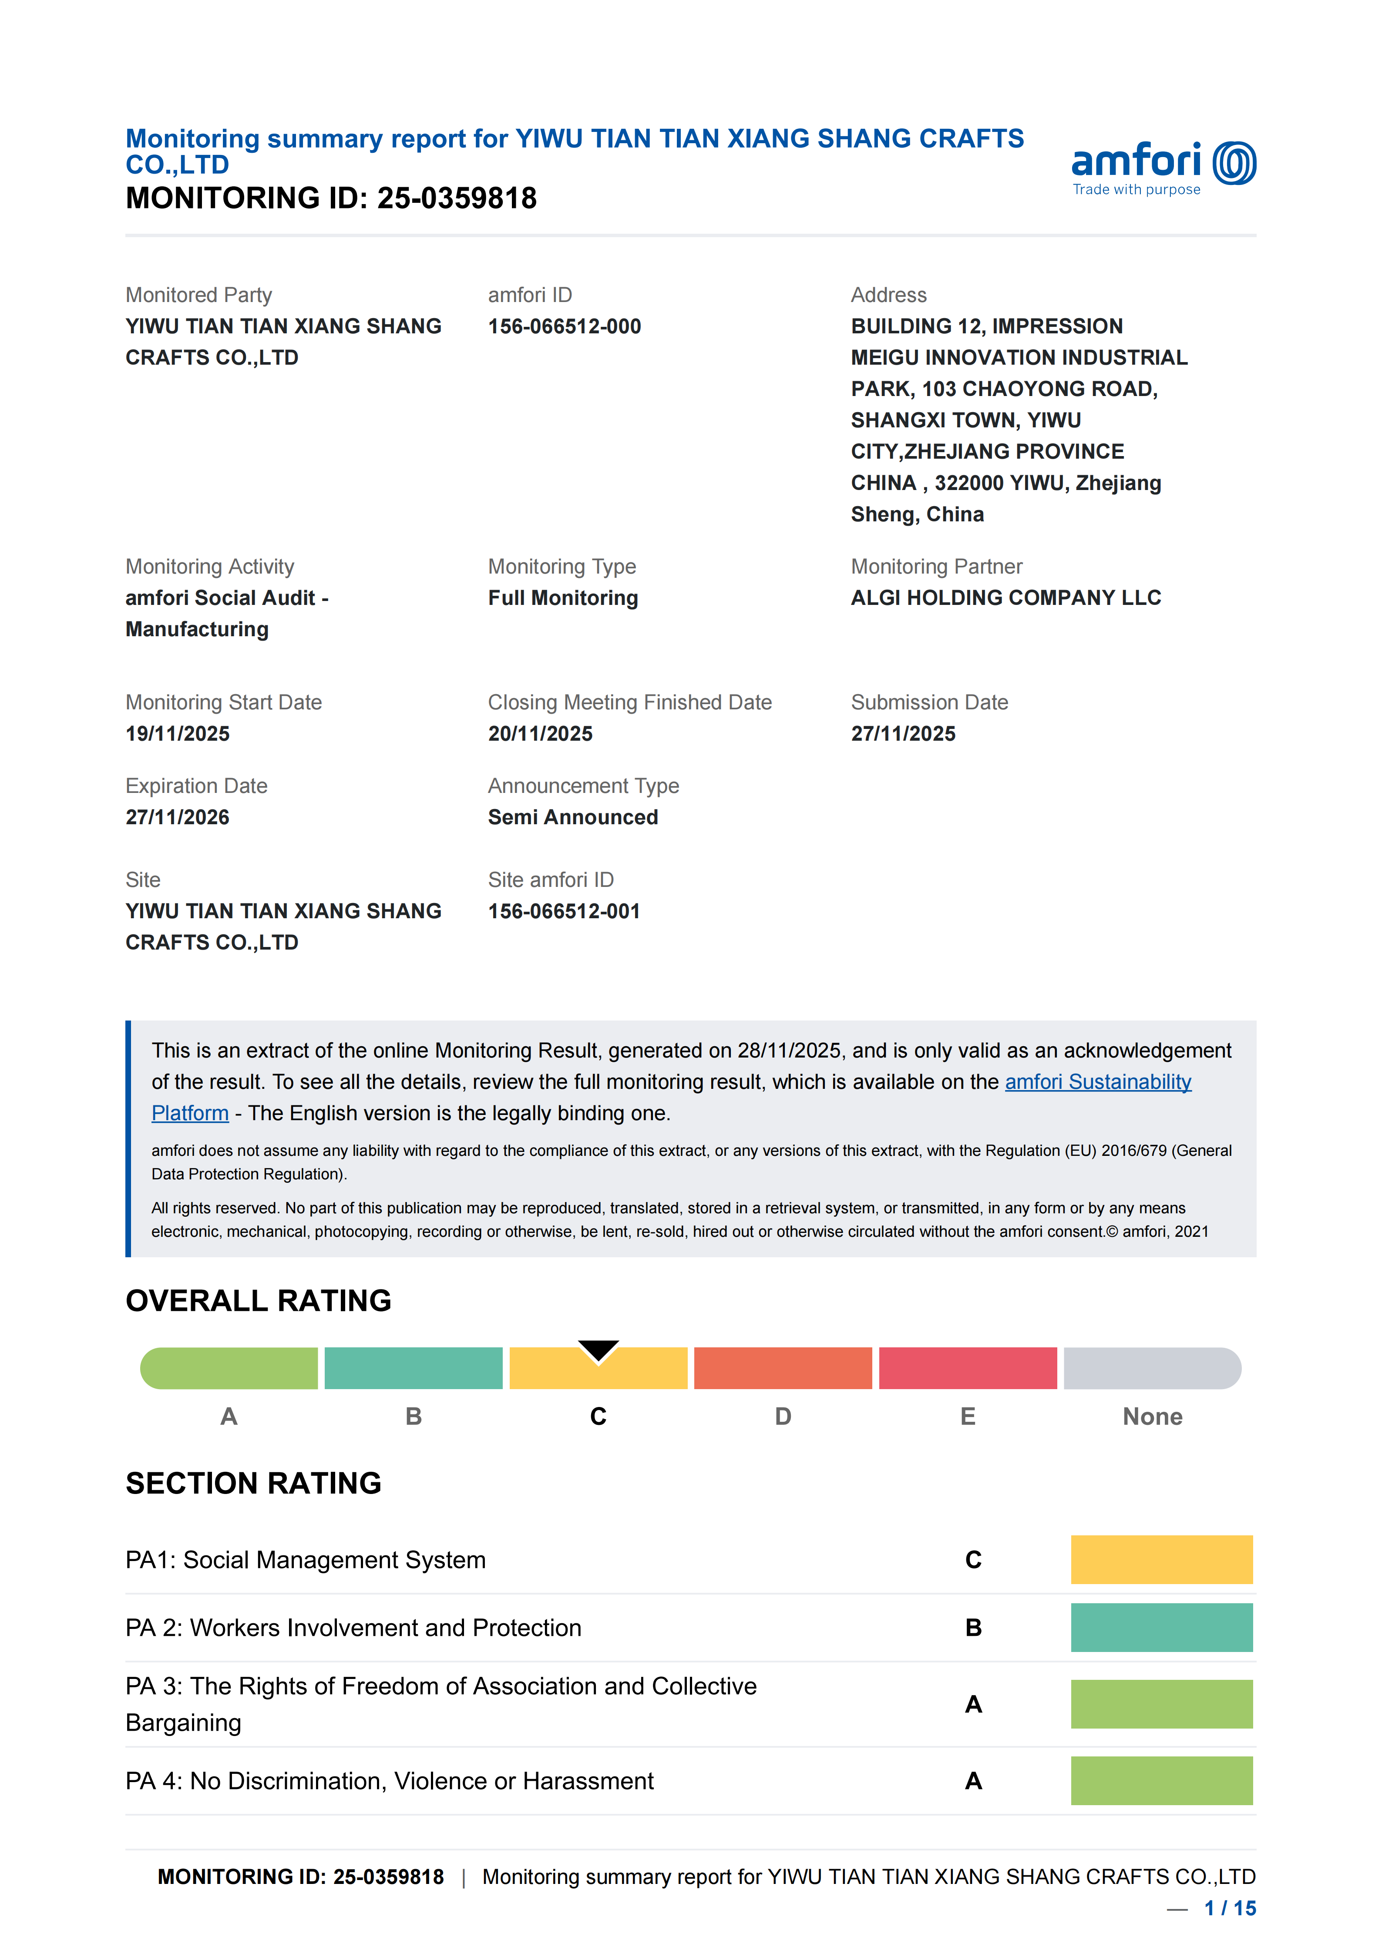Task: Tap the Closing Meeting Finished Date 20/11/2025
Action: tap(540, 734)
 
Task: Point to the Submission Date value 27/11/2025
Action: tap(903, 734)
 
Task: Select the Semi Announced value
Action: tap(573, 817)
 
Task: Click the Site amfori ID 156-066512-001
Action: tap(563, 911)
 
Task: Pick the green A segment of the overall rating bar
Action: tap(229, 1369)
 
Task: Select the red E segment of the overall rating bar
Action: tap(968, 1369)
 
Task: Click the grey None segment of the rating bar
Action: tap(1152, 1369)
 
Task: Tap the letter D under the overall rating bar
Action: tap(783, 1416)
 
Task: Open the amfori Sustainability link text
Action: tap(1098, 1082)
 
